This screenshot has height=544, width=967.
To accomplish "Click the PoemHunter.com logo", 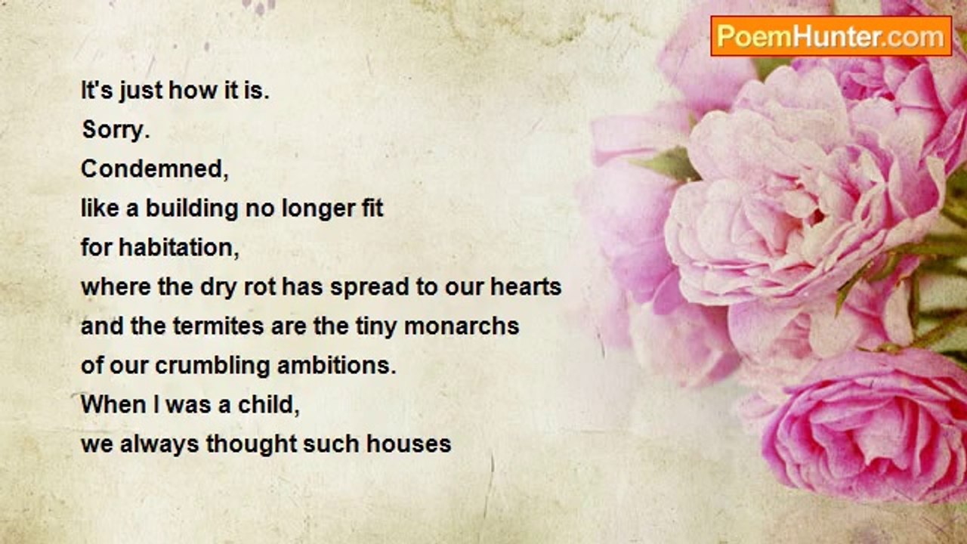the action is pos(831,36).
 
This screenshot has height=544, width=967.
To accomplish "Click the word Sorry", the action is pos(116,129).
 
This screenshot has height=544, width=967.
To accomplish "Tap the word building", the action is pos(192,209).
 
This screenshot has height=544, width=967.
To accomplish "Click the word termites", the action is pos(218,326).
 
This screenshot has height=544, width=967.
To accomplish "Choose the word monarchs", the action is pos(462,326).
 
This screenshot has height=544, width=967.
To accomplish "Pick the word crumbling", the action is pos(212,366).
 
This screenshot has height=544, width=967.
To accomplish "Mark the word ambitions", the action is pos(336,365).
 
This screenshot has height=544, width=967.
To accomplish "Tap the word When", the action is pos(113,404).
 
